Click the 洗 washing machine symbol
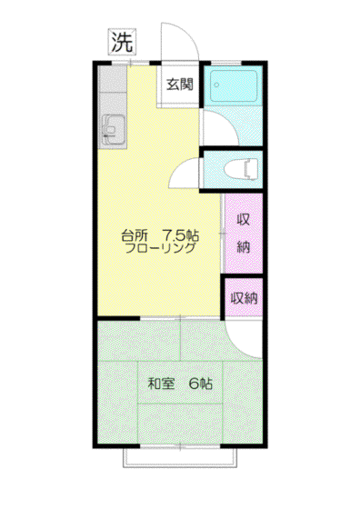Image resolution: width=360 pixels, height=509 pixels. (x=122, y=42)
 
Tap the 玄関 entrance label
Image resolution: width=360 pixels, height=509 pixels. (x=179, y=84)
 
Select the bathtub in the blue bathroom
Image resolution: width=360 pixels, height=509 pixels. (x=234, y=86)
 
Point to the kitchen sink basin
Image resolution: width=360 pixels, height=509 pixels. (x=114, y=130)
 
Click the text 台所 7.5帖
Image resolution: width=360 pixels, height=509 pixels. (x=160, y=235)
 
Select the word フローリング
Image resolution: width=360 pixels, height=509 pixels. (x=160, y=248)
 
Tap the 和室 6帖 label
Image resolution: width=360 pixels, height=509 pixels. (x=180, y=384)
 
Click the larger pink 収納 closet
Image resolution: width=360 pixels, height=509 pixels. (x=244, y=234)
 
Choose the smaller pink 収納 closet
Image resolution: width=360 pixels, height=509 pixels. (x=244, y=298)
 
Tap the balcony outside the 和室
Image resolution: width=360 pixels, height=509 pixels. (x=180, y=458)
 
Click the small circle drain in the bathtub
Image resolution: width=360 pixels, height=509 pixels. (x=216, y=85)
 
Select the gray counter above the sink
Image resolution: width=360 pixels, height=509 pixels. (x=113, y=80)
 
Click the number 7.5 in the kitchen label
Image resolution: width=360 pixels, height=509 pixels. (x=173, y=235)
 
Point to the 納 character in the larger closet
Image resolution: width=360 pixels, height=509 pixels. (x=244, y=247)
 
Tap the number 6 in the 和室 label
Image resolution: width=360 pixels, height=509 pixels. (x=194, y=384)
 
